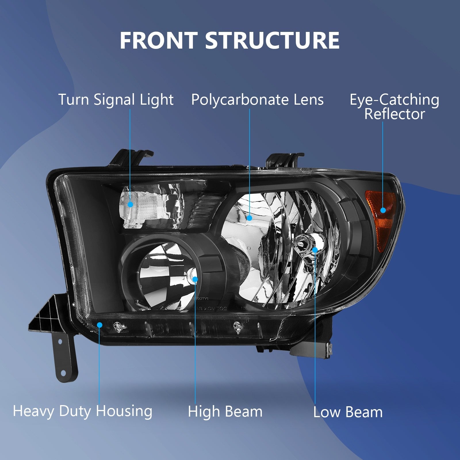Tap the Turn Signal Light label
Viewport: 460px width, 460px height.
[x=116, y=100]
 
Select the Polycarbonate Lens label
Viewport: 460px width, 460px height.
[x=257, y=100]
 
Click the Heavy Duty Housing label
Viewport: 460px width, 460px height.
[x=83, y=411]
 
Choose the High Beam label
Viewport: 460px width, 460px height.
[x=225, y=411]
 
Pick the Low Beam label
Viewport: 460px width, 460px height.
[x=348, y=412]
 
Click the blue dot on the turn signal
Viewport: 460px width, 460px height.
[x=130, y=204]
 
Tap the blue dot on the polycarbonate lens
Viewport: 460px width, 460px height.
[x=249, y=218]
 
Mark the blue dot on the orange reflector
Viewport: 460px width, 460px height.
[x=383, y=210]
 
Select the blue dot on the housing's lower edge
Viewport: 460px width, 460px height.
[x=99, y=325]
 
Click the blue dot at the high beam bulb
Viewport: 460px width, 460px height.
[x=195, y=279]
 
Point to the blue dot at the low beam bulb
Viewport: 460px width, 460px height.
[x=315, y=250]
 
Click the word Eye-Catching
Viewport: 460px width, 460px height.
[x=394, y=100]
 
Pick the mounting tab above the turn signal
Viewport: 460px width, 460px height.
[x=131, y=158]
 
